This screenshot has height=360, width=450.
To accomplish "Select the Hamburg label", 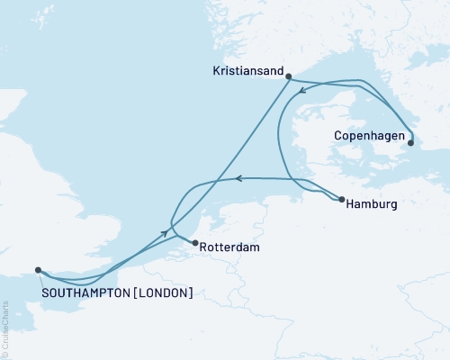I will click(372, 204).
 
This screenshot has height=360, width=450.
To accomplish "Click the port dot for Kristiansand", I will click(288, 77).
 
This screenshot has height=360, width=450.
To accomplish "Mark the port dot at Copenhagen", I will click(411, 141).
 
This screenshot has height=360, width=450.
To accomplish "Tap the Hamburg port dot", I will click(342, 200).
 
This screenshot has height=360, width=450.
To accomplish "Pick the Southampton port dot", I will click(38, 269).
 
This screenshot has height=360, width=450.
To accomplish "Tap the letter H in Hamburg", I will click(352, 204).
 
